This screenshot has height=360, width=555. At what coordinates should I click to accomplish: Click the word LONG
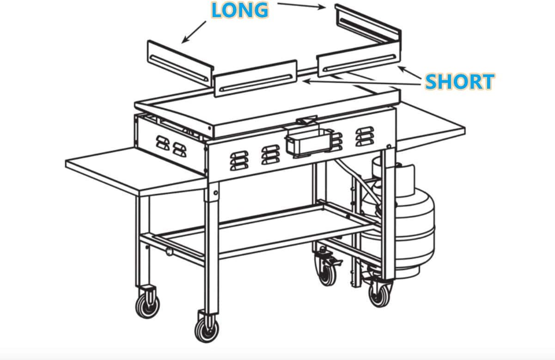240,10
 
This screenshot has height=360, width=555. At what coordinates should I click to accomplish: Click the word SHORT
460,81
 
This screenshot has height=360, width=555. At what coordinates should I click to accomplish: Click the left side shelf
136,171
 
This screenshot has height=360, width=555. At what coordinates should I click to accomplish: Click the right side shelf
431,125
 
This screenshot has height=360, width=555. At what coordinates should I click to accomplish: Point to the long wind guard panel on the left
180,64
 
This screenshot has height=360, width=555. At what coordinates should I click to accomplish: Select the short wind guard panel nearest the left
256,78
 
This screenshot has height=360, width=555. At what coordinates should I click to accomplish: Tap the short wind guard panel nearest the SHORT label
359,59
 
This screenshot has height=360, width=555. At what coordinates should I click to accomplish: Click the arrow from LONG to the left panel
194,32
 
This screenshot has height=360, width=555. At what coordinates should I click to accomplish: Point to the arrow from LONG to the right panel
302,6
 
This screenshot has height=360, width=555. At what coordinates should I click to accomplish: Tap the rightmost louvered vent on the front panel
365,136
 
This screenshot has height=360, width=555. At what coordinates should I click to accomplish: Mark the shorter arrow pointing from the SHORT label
409,73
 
